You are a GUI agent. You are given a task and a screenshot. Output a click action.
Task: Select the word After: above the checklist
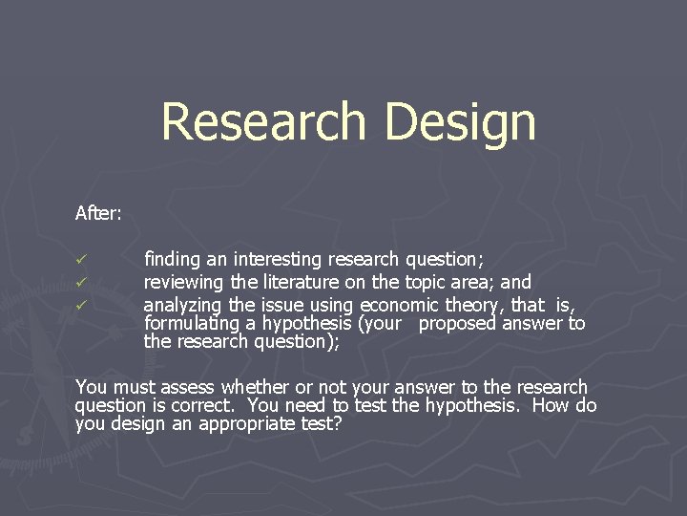[98, 213]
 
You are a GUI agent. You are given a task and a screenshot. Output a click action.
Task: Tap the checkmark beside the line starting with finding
[82, 260]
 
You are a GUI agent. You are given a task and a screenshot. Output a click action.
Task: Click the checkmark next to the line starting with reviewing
[82, 283]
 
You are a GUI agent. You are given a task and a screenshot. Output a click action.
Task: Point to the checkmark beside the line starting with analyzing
[82, 306]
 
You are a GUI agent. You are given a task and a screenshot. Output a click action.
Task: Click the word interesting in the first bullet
[278, 259]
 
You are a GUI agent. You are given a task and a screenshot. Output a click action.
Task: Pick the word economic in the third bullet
[400, 305]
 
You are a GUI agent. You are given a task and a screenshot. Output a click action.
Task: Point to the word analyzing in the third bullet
[182, 305]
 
